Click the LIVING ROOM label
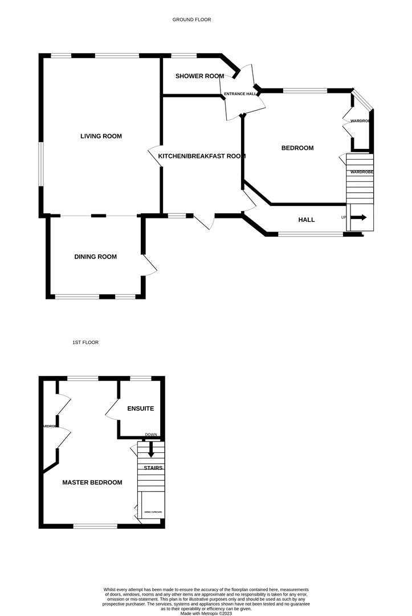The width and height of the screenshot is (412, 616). (x=101, y=136)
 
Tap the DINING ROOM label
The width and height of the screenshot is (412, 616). (x=95, y=257)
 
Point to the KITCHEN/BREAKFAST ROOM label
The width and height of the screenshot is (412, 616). (x=202, y=156)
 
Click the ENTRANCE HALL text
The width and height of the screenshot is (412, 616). (x=239, y=94)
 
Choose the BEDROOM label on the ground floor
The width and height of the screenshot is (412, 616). (x=297, y=148)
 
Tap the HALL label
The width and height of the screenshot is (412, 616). (x=307, y=220)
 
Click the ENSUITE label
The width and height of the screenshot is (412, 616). (x=140, y=409)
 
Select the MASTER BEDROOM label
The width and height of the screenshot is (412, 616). (x=92, y=483)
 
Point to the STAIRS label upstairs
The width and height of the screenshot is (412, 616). (x=153, y=468)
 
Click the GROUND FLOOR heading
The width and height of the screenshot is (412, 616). (x=191, y=19)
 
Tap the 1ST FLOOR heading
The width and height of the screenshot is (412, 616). (x=85, y=342)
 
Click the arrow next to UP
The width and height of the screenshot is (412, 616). (x=358, y=217)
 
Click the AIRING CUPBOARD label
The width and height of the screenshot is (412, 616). (x=153, y=512)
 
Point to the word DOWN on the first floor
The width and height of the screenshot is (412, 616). (x=151, y=435)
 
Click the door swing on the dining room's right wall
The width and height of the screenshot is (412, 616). (x=150, y=265)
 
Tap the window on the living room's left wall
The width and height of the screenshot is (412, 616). (x=40, y=163)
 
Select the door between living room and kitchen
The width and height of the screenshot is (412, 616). (x=155, y=156)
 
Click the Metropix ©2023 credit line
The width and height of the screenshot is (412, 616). (x=207, y=613)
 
